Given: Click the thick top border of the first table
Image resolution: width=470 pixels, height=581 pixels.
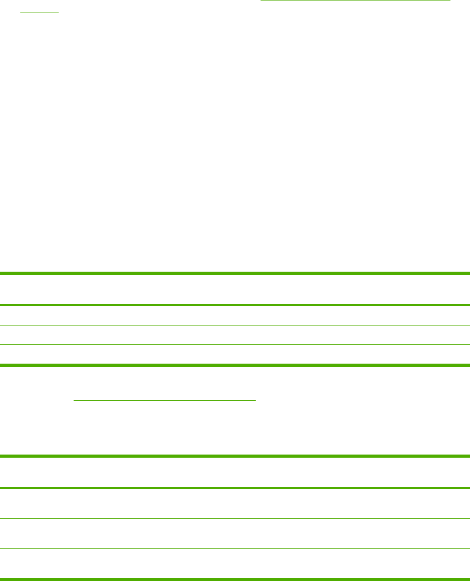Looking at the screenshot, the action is pyautogui.click(x=235, y=273).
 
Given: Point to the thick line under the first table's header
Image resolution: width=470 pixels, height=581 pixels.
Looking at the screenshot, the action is pyautogui.click(x=235, y=305).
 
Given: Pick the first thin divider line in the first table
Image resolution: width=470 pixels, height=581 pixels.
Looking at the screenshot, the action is pyautogui.click(x=235, y=325).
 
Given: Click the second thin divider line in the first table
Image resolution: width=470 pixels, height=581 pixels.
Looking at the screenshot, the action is pyautogui.click(x=235, y=344).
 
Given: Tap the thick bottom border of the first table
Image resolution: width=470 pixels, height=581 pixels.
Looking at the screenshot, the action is pyautogui.click(x=235, y=365).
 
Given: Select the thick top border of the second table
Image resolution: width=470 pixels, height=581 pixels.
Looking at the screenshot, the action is pyautogui.click(x=235, y=456).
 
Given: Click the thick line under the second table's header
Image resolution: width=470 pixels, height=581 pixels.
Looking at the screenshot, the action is pyautogui.click(x=235, y=488).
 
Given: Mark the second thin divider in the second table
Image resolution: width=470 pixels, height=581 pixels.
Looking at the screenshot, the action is pyautogui.click(x=235, y=548).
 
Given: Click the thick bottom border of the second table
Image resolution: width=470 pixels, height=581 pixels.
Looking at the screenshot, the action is pyautogui.click(x=235, y=578).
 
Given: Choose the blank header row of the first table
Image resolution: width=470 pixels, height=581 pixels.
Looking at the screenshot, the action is pyautogui.click(x=235, y=289).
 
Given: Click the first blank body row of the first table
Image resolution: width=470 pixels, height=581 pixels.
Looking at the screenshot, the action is pyautogui.click(x=235, y=316).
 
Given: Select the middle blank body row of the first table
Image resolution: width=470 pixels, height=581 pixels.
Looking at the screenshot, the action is pyautogui.click(x=235, y=335).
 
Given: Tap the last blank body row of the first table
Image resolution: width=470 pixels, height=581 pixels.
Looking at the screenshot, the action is pyautogui.click(x=235, y=354).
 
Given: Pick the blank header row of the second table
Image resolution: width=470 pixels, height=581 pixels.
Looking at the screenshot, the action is pyautogui.click(x=235, y=472).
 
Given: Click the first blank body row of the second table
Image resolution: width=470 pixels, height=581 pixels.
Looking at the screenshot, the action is pyautogui.click(x=235, y=503).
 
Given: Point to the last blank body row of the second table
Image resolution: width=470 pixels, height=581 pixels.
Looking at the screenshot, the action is pyautogui.click(x=235, y=563).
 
